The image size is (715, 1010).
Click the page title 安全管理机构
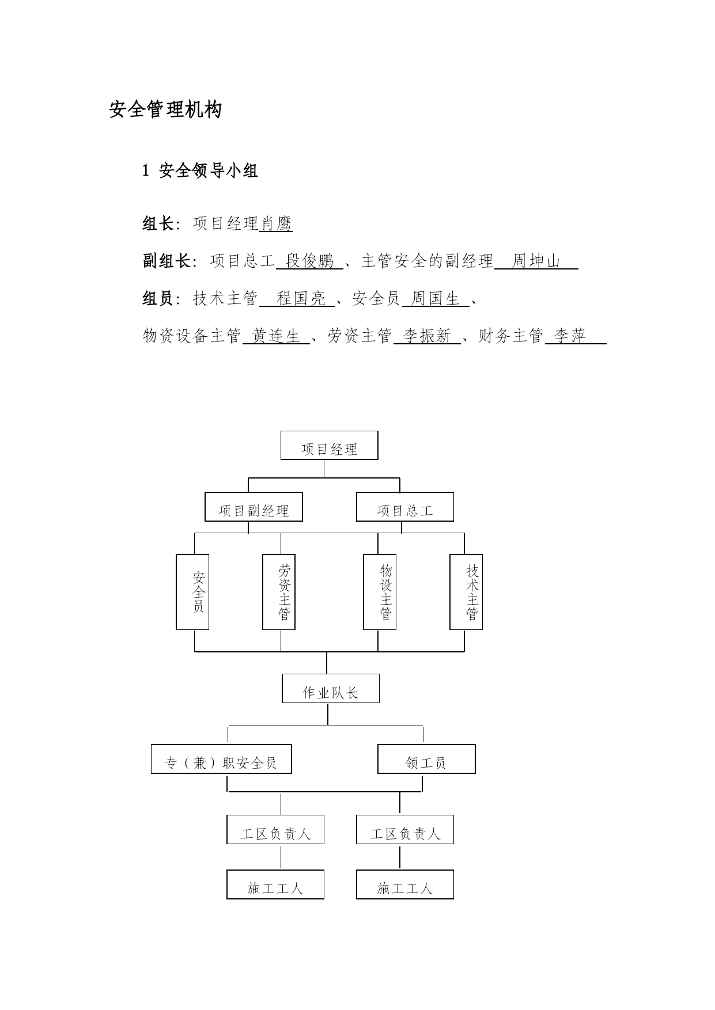point(165,109)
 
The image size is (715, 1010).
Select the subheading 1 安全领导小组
point(200,170)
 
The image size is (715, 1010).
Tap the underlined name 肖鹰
point(277,223)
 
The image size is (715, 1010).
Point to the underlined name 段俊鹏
point(310,261)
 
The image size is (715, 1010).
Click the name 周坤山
point(536,261)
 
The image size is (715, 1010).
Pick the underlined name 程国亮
point(301,298)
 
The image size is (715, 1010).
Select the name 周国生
point(436,298)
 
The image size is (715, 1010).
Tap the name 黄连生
point(277,335)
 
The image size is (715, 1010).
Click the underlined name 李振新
point(427,335)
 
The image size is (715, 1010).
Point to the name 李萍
point(570,335)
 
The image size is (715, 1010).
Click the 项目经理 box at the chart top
point(330,445)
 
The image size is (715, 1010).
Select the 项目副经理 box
point(254,507)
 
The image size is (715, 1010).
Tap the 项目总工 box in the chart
point(405,507)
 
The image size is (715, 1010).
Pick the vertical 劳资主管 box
point(279,592)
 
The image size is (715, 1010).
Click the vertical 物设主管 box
point(380,592)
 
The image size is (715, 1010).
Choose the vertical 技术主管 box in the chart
point(466,592)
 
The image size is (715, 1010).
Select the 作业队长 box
point(331,688)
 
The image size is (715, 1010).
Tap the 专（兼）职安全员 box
point(221,759)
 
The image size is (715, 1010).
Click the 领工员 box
point(426,759)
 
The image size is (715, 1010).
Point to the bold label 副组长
point(167,261)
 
